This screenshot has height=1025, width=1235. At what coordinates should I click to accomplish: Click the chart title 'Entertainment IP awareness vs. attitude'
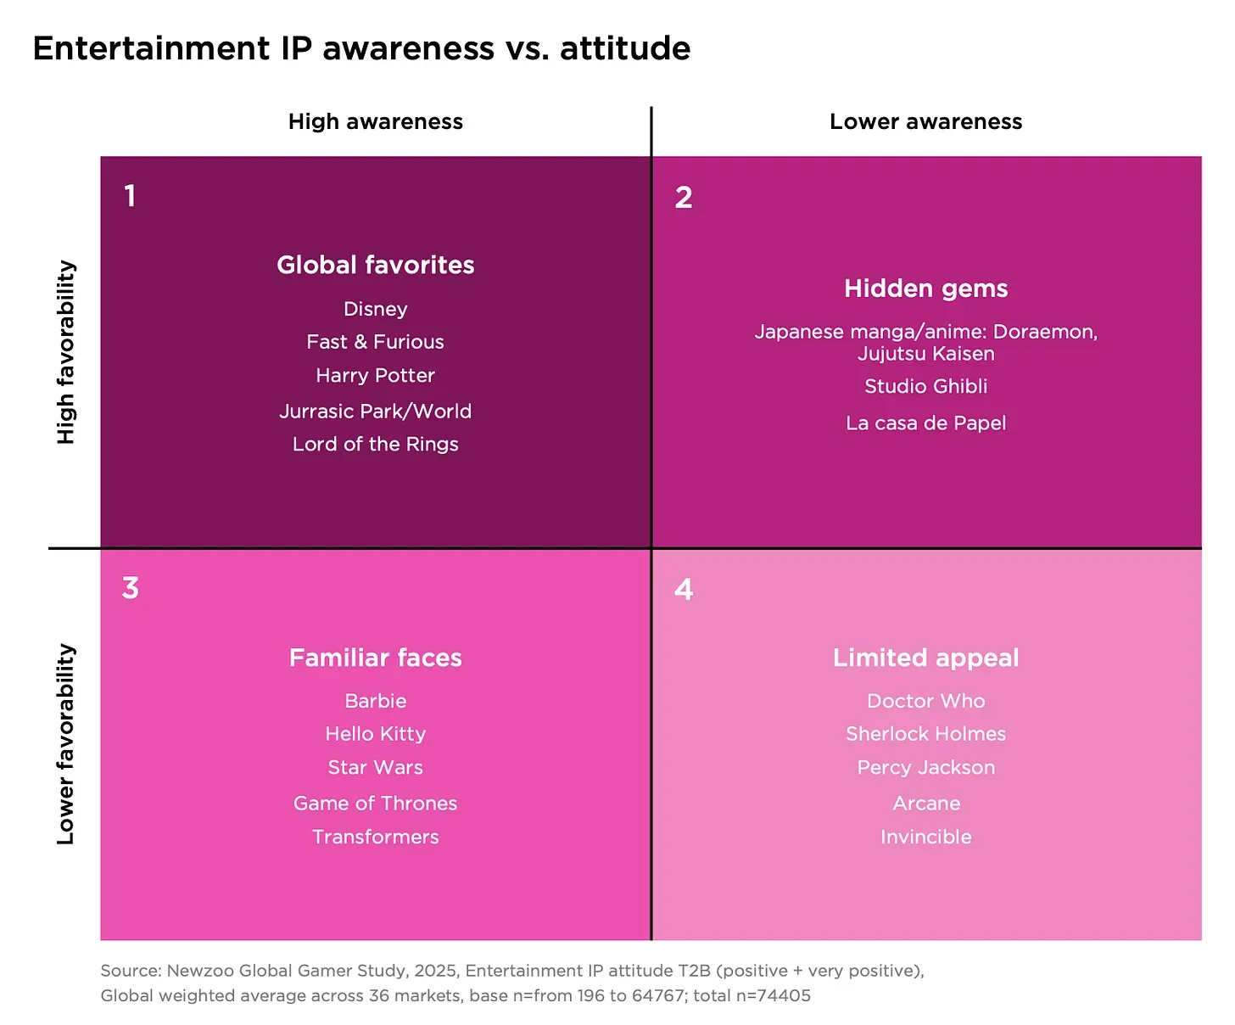coord(361,48)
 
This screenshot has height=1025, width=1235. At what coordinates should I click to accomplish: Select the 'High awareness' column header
coord(375,121)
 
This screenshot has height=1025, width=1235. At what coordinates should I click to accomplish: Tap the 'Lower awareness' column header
coord(925,121)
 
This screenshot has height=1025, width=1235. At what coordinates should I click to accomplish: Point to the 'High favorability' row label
coord(65,352)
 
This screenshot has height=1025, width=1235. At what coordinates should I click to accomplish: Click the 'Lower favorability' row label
coord(65,744)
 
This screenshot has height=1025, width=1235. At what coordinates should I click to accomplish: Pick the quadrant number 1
coord(130,196)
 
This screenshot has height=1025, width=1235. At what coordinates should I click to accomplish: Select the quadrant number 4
coord(684,589)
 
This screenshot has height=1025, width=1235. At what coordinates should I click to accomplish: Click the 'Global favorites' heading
coord(375,265)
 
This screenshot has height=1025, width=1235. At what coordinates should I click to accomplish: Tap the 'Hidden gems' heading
coord(925,288)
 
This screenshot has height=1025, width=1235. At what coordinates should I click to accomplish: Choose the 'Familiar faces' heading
coord(375,658)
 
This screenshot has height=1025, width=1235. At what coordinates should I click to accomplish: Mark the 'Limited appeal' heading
coord(925,658)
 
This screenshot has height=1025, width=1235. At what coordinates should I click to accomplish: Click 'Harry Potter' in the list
coord(375,375)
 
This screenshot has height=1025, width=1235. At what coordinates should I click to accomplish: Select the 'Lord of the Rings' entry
coord(375,444)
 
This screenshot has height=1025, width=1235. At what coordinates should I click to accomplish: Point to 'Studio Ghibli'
coord(925,386)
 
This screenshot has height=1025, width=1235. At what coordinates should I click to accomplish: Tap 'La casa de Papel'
coord(925,423)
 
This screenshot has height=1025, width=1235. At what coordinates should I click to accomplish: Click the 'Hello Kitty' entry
coord(375,734)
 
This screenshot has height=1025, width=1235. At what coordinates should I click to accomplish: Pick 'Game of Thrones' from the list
coord(375,803)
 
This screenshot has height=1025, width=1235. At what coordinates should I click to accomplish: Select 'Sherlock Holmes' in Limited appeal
coord(925,734)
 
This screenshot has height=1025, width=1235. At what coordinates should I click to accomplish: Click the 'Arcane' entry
coord(925,803)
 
